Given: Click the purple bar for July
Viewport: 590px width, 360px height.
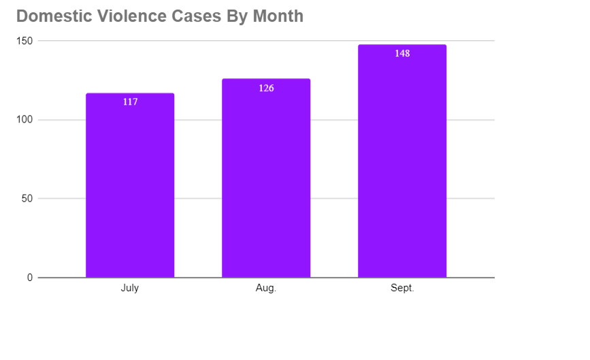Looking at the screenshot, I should [x=130, y=191].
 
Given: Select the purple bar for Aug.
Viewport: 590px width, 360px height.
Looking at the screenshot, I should [x=266, y=184].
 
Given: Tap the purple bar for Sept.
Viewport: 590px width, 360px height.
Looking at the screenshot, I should [x=402, y=170].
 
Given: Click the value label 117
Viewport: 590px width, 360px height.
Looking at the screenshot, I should [x=130, y=102].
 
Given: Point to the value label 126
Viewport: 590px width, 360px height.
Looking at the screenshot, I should [x=266, y=88].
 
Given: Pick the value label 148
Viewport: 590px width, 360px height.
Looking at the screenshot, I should [x=402, y=53].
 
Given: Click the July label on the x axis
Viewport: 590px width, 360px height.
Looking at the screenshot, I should [x=130, y=289].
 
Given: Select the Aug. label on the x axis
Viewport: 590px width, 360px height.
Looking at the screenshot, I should [x=266, y=289].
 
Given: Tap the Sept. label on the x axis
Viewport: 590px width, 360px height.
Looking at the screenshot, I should [x=402, y=289].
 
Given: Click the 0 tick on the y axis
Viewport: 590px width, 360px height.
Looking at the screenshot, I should [x=30, y=278].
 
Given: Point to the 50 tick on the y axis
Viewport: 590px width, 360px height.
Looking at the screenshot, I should [x=27, y=199].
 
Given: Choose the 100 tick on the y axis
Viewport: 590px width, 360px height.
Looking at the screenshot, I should [x=25, y=120].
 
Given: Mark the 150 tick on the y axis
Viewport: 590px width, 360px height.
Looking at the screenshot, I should [x=25, y=41].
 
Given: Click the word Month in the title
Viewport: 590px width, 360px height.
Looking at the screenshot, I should [x=278, y=16].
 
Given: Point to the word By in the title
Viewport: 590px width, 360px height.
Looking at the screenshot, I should [x=231, y=16].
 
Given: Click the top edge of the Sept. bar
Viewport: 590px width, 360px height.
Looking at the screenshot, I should [x=402, y=45].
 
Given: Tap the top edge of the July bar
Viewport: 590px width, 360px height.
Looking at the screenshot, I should [x=130, y=93].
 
